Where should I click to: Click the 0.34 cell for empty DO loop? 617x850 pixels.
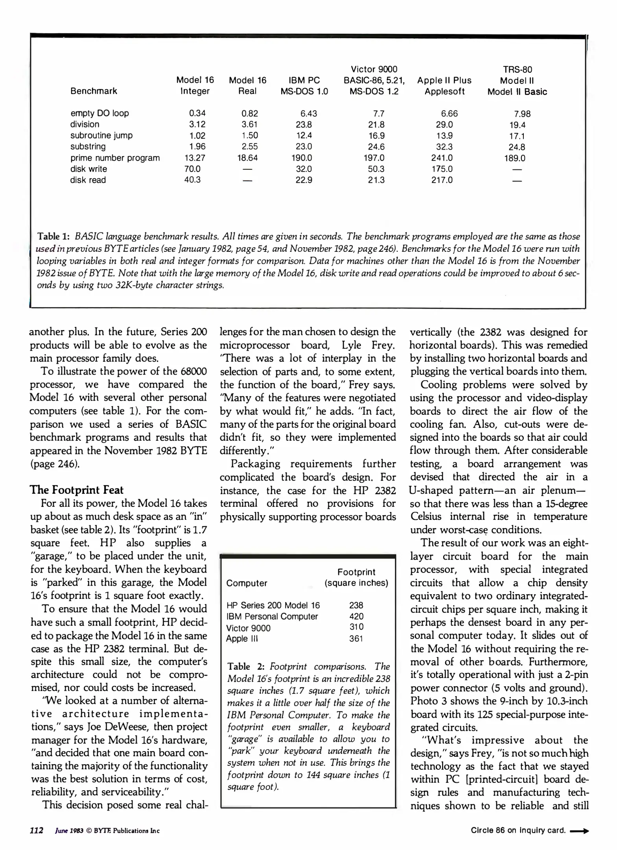pos(197,113)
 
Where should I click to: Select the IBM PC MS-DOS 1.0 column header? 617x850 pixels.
pos(304,86)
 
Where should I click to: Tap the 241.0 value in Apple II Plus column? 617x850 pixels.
pos(442,158)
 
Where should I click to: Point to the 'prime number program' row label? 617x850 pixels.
pos(115,158)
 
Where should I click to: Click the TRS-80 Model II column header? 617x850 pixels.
pos(517,81)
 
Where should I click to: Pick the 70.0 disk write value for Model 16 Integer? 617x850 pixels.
pos(192,169)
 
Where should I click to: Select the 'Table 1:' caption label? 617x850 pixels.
pos(53,237)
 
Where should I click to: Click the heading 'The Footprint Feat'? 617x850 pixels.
pos(77,490)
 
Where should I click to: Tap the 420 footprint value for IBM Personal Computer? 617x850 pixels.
pos(356,616)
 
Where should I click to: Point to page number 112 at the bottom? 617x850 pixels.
pos(37,830)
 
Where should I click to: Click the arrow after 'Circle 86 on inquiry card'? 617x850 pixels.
pos(579,831)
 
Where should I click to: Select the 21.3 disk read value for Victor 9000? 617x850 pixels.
pos(376,180)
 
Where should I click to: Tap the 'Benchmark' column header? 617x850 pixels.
pos(94,91)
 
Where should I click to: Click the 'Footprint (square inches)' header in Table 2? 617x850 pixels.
pos(356,577)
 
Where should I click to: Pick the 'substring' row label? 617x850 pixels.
pos(88,146)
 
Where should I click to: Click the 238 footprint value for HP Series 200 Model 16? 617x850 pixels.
pos(356,605)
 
